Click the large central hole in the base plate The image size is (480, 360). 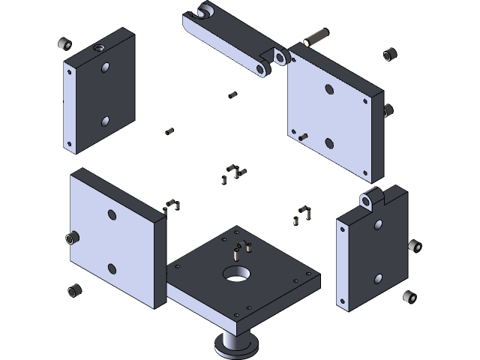238,273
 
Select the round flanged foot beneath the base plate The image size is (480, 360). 237,344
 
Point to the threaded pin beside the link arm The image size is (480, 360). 316,35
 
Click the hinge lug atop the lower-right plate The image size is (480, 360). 368,199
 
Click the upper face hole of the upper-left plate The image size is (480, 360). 105,68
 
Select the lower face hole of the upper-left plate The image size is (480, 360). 106,120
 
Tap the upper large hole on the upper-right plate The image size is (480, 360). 329,90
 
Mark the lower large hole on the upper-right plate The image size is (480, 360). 328,142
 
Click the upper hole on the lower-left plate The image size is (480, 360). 112,215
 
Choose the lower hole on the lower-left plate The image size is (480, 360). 112,268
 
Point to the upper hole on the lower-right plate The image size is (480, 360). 377,224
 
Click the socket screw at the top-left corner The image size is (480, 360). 65,44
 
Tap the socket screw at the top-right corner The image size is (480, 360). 389,55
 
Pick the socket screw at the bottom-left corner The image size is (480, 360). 74,290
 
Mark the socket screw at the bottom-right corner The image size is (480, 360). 409,297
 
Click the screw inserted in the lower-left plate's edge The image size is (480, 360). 72,238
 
